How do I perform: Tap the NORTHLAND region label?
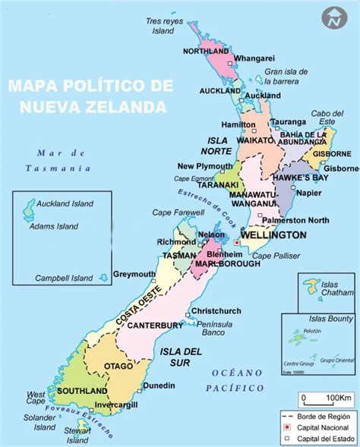click(206, 51)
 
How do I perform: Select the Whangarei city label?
click(254, 58)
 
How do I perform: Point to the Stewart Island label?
click(77, 434)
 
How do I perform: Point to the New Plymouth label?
click(205, 166)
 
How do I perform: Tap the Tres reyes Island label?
click(166, 27)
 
